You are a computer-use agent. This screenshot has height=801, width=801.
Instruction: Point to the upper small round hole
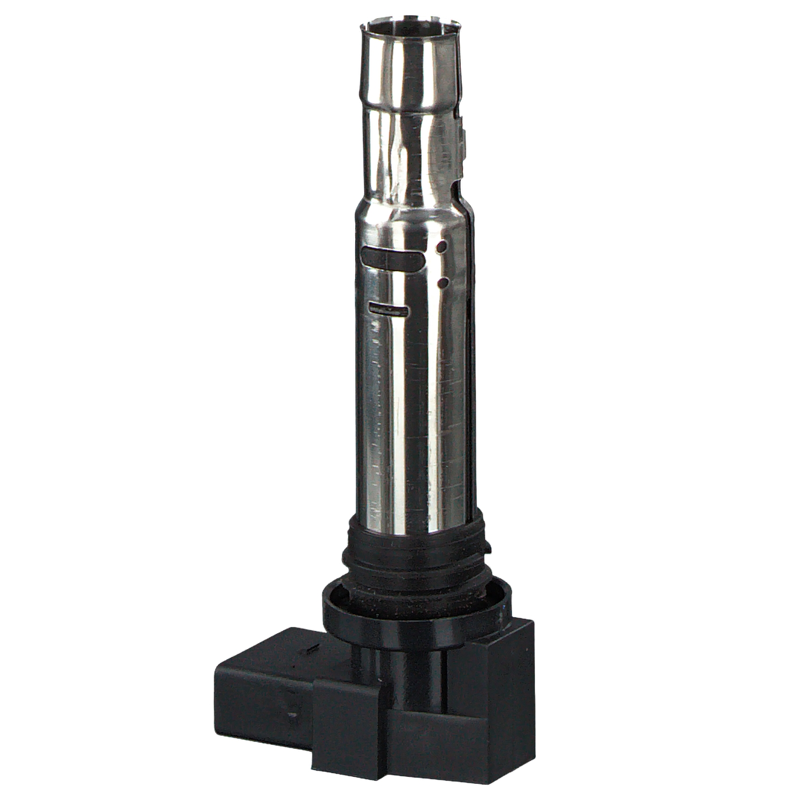tap(442, 247)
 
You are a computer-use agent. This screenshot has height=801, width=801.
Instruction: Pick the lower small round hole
tap(443, 282)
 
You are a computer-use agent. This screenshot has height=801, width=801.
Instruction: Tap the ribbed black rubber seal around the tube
tap(417, 550)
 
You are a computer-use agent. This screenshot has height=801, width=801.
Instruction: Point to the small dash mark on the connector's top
tap(310, 649)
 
